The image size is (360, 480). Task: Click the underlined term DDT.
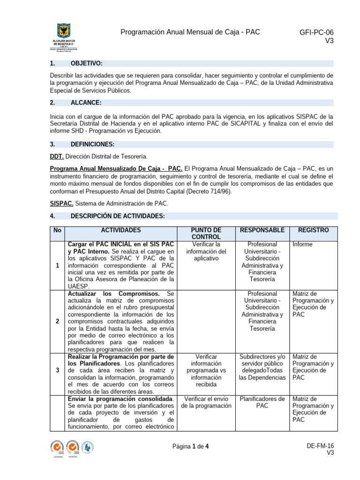click(x=56, y=156)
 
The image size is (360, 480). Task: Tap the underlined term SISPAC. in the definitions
click(x=61, y=204)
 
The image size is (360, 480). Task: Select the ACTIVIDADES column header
click(x=120, y=231)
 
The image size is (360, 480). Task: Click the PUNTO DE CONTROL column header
click(x=206, y=234)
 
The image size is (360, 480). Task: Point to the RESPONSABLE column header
click(x=262, y=231)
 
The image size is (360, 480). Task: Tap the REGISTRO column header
click(x=313, y=231)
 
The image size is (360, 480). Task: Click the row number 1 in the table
click(x=57, y=266)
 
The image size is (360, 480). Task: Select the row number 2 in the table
click(x=57, y=322)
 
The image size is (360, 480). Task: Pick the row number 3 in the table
click(x=57, y=370)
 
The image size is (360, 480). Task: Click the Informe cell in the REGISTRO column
click(x=302, y=245)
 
